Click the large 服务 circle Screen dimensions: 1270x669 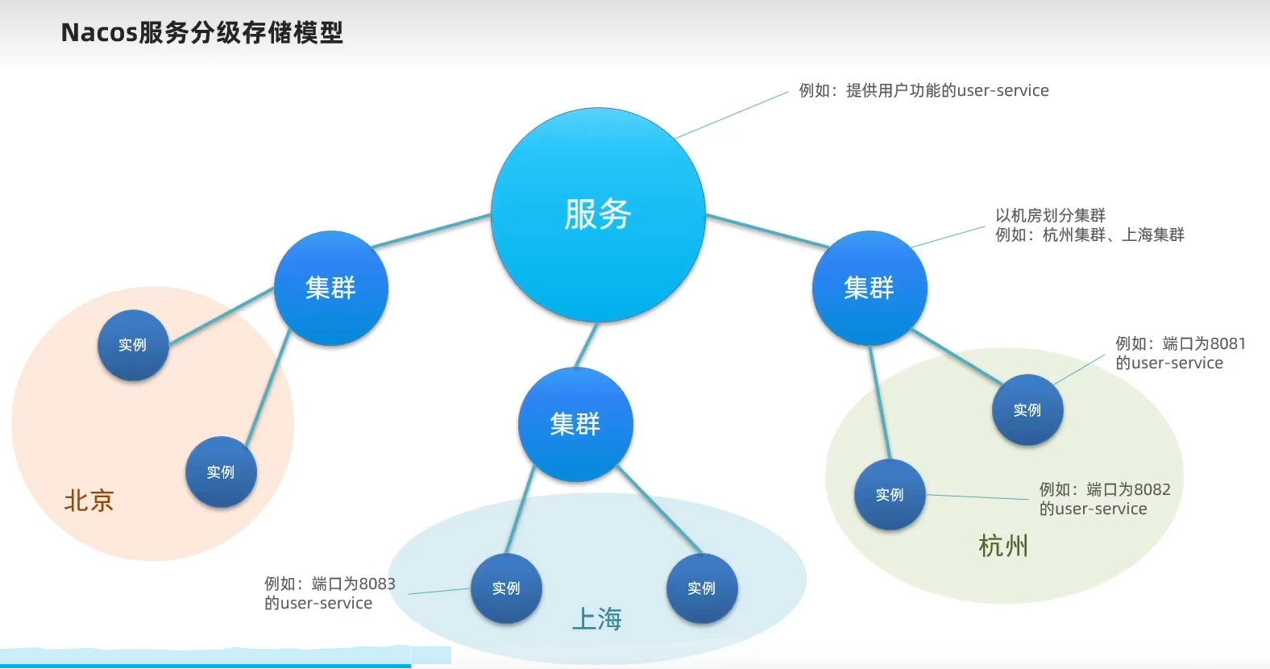(x=598, y=215)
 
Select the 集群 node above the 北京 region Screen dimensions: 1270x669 (x=331, y=288)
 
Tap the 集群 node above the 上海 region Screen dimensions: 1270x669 (x=575, y=424)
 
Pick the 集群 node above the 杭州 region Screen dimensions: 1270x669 (x=869, y=288)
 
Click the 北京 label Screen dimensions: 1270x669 (x=89, y=501)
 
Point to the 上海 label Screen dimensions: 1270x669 (x=597, y=619)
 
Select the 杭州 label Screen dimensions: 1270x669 (x=1003, y=546)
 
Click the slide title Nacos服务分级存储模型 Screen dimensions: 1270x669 (x=202, y=33)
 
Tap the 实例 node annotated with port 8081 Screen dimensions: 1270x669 (x=1027, y=410)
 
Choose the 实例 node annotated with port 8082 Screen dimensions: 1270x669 (x=890, y=494)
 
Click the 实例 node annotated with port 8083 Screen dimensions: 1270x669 (x=506, y=588)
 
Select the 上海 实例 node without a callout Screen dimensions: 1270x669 (x=702, y=588)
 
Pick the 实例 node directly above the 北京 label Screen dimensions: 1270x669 (x=221, y=472)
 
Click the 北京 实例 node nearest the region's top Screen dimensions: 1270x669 (x=133, y=345)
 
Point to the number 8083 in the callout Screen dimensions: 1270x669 (x=377, y=584)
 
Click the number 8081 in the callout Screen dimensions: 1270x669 (x=1227, y=343)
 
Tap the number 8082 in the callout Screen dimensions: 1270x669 (x=1152, y=489)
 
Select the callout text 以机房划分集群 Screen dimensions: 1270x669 (x=1050, y=215)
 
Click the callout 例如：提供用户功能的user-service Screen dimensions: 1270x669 (x=923, y=90)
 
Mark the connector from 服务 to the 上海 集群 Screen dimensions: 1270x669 (x=586, y=345)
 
